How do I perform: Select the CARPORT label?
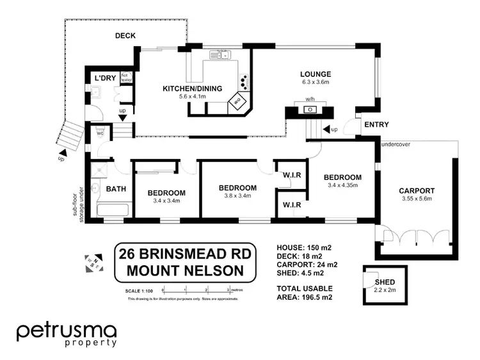417,190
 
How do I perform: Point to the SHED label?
385,282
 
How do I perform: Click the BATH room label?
116,189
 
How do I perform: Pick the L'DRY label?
104,78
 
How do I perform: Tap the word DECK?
125,36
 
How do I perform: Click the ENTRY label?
376,124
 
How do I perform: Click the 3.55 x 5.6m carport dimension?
417,199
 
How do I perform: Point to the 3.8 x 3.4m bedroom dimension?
237,196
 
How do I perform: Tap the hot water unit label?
125,78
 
